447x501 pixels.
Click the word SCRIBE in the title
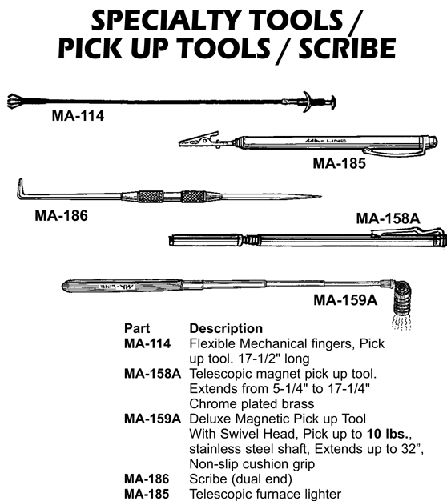tap(347, 48)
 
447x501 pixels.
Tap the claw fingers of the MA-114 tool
tap(16, 102)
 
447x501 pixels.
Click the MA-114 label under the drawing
tap(78, 116)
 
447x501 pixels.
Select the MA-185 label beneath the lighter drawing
tap(339, 163)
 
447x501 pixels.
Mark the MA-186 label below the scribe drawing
tap(61, 215)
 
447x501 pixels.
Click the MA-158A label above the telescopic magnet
tap(388, 218)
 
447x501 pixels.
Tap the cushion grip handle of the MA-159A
tap(123, 286)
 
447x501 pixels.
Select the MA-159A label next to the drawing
tap(345, 300)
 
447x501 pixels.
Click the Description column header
tap(226, 328)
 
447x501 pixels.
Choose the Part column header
tap(137, 328)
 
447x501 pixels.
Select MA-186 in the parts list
tap(147, 479)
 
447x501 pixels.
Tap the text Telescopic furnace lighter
tap(265, 494)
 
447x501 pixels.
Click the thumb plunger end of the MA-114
tap(333, 102)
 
